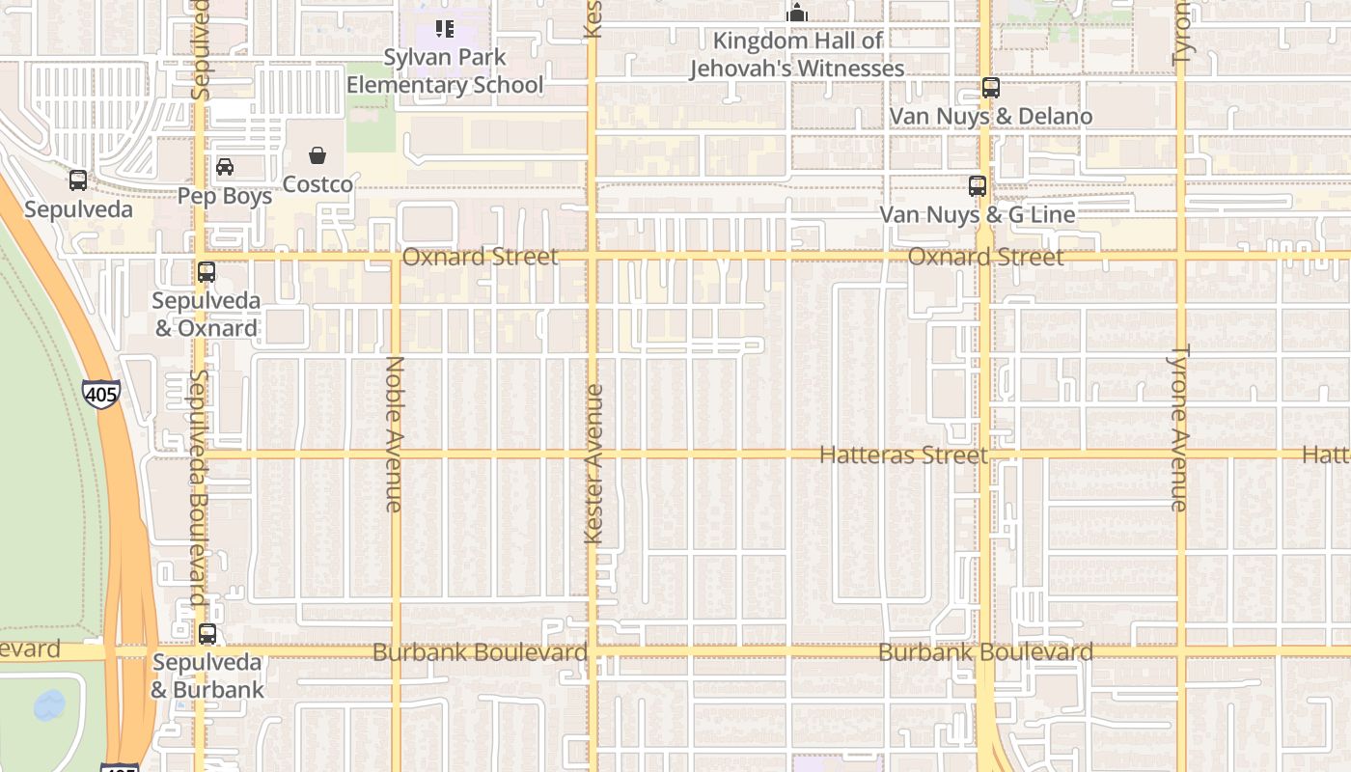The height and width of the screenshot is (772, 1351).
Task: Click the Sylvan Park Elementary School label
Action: tap(445, 71)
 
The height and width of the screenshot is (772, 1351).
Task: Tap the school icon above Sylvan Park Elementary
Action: tap(444, 29)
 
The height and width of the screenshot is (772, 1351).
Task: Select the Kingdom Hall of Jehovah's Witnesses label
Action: tap(797, 55)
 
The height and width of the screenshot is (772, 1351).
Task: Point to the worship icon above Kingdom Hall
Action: tap(797, 13)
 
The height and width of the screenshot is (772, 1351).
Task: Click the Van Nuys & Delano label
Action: tap(990, 117)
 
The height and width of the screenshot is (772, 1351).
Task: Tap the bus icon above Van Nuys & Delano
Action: tap(990, 88)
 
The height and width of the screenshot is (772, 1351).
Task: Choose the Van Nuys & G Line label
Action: tap(977, 214)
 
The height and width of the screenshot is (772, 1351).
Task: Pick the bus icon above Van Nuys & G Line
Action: tap(978, 185)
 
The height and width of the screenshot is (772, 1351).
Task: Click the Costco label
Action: tap(317, 184)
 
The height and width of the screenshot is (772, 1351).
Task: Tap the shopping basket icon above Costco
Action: tap(317, 155)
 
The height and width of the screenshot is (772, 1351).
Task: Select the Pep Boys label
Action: tap(225, 196)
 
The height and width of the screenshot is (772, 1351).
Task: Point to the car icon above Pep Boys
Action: tap(225, 167)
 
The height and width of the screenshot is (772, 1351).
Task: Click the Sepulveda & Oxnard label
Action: tap(207, 315)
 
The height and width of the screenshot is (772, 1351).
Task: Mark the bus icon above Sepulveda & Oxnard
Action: tap(207, 272)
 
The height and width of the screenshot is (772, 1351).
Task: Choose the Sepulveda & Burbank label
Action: tap(207, 676)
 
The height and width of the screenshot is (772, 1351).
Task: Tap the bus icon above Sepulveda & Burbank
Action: tap(207, 634)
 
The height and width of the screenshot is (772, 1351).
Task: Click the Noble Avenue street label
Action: tap(394, 434)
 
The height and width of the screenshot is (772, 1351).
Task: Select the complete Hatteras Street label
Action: tap(903, 455)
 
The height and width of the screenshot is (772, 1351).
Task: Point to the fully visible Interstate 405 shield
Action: tap(101, 393)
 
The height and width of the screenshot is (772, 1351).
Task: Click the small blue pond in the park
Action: tap(49, 705)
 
